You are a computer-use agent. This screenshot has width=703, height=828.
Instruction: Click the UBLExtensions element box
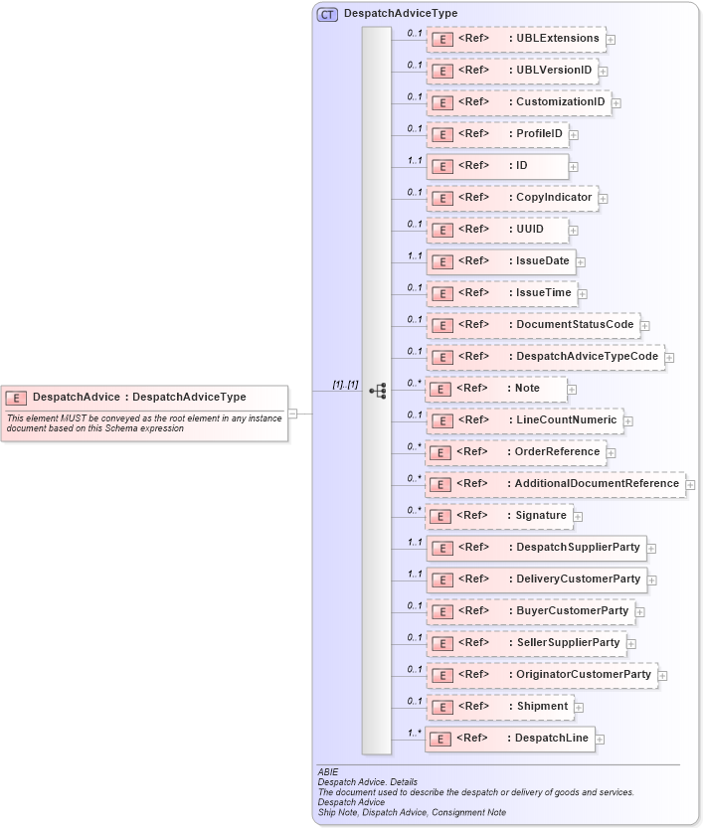tap(515, 39)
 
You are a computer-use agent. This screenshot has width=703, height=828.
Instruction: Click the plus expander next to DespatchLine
tap(600, 739)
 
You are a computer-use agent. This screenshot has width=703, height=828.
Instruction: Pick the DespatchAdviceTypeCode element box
tap(544, 357)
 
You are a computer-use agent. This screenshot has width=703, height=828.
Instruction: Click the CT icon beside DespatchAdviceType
tap(327, 15)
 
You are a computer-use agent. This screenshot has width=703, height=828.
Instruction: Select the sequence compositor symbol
tap(377, 391)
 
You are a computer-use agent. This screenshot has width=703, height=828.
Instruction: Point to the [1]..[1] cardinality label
tap(346, 385)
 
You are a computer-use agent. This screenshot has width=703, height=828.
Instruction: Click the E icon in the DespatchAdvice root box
tap(17, 398)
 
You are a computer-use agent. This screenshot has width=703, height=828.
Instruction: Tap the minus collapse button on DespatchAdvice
tap(293, 413)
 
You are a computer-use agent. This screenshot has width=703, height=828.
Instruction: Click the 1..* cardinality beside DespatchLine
tap(415, 733)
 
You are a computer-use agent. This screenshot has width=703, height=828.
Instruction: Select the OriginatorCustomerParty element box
tap(541, 675)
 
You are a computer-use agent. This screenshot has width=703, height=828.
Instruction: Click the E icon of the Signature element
tap(440, 516)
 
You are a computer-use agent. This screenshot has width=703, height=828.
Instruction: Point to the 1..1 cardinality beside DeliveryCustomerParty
tap(415, 574)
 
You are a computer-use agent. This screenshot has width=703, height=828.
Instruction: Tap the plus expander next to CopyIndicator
tap(604, 198)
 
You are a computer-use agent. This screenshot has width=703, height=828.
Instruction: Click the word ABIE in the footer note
tap(328, 772)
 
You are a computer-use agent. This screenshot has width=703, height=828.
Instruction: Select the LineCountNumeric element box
tap(523, 420)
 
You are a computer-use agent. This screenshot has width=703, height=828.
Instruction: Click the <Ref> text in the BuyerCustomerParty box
tap(474, 610)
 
